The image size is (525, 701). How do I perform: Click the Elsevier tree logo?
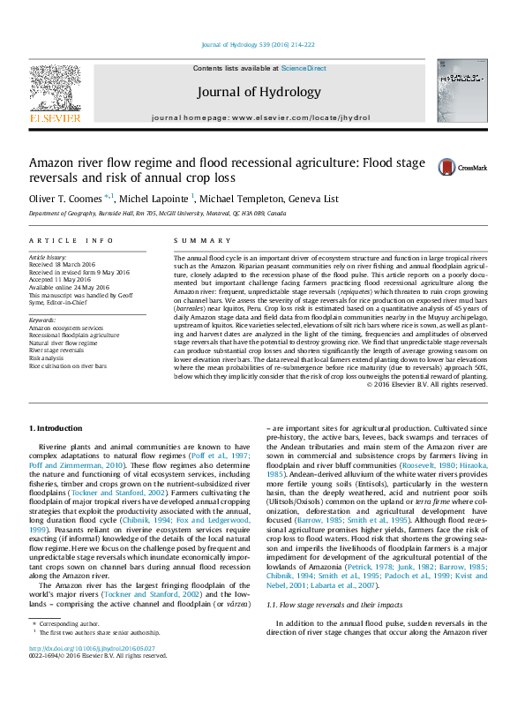click(55, 87)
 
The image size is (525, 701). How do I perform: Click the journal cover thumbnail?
click(461, 96)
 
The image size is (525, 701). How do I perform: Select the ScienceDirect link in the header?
click(304, 68)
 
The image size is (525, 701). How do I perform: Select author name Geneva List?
click(319, 199)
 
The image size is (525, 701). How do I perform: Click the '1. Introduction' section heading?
click(57, 427)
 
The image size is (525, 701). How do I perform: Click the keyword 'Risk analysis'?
click(47, 358)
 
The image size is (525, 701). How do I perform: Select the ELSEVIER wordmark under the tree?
click(55, 117)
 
